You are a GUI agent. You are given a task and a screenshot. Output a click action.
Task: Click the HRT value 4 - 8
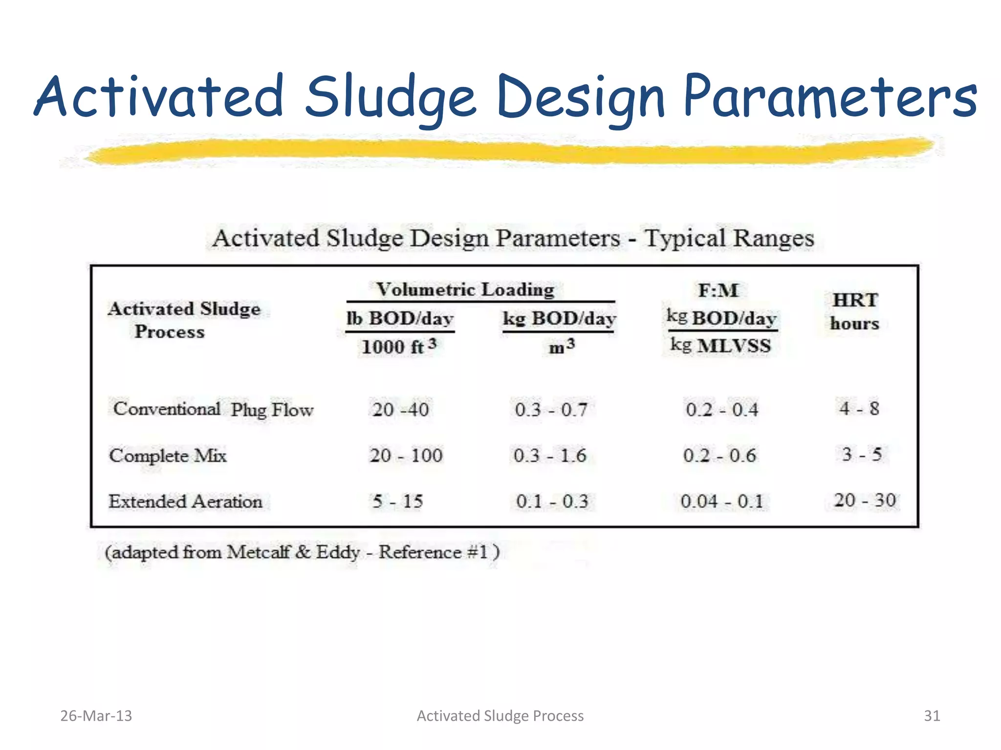coord(859,409)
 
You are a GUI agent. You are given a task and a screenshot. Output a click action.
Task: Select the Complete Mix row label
coord(168,456)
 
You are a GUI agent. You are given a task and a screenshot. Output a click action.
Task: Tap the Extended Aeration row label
coord(185,501)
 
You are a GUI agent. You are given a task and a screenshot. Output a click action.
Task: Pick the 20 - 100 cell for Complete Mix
coord(406,456)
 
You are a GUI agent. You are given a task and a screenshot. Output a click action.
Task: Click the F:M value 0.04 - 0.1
coord(721,501)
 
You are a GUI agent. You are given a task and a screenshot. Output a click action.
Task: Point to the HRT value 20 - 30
coord(865,500)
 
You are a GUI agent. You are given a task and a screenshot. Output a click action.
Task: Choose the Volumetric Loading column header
coord(465,290)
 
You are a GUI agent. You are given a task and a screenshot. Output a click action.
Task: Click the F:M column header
coord(718,291)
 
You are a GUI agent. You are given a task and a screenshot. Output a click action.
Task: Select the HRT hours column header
coord(855,312)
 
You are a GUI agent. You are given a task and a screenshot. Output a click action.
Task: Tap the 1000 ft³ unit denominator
coord(399,347)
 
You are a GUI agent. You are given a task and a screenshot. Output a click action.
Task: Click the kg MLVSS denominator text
coord(720,346)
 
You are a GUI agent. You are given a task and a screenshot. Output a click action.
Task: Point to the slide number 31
coord(932,716)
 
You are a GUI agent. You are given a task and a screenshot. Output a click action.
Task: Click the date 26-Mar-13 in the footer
coord(96,716)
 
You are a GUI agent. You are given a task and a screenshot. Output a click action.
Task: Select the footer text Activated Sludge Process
coord(500,716)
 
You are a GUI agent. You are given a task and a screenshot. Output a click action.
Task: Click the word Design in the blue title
coord(581,98)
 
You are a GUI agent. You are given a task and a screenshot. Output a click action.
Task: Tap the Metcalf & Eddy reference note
coord(302,552)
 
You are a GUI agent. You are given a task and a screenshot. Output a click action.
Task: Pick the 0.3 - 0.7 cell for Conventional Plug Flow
coord(551,409)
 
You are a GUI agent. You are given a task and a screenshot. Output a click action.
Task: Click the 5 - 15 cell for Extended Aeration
coord(398,501)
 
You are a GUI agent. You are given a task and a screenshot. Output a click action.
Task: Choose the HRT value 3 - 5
coord(862,455)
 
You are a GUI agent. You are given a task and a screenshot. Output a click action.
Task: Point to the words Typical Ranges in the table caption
coord(729,239)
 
